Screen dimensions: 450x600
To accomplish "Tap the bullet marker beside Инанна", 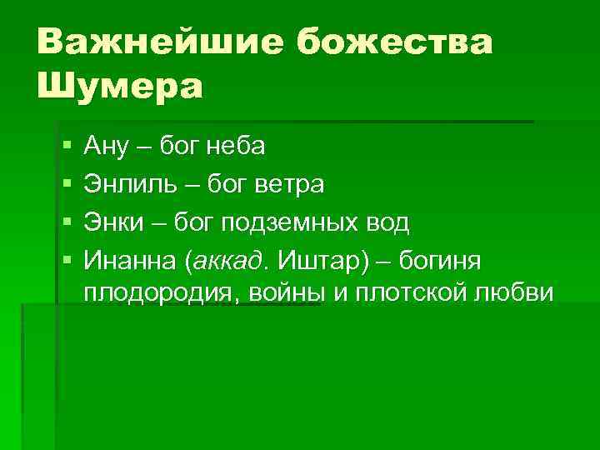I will [66, 261].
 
